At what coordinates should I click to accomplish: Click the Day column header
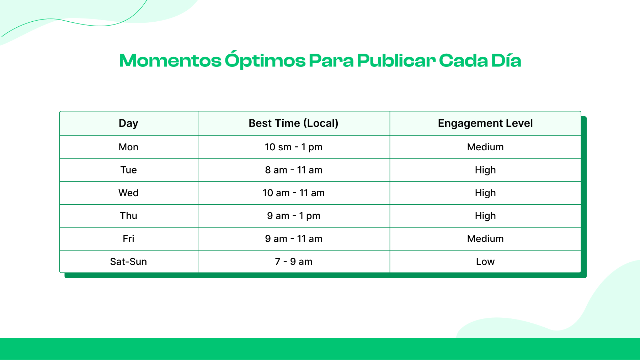point(128,123)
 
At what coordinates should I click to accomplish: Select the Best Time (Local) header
point(293,123)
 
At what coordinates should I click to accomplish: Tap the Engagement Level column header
point(485,123)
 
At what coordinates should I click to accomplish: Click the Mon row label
point(128,147)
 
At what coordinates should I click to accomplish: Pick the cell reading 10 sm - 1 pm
point(293,147)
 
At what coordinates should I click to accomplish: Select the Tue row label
point(128,170)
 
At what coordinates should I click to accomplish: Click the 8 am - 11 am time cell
point(293,170)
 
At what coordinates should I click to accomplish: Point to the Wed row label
point(128,193)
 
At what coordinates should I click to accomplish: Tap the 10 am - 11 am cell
point(293,193)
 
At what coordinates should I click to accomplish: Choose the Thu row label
point(128,216)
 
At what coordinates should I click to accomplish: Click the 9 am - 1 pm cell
point(293,216)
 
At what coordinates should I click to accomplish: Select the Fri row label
point(128,239)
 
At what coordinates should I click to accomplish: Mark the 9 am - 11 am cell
point(293,239)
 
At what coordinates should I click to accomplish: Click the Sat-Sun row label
point(128,262)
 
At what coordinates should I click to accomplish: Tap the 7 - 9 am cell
point(293,262)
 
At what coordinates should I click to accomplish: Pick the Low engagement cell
point(485,262)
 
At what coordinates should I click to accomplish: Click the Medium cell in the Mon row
point(485,147)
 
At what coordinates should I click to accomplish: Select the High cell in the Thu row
point(485,216)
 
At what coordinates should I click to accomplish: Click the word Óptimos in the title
point(265,60)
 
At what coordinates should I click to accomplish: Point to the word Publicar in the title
point(396,60)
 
